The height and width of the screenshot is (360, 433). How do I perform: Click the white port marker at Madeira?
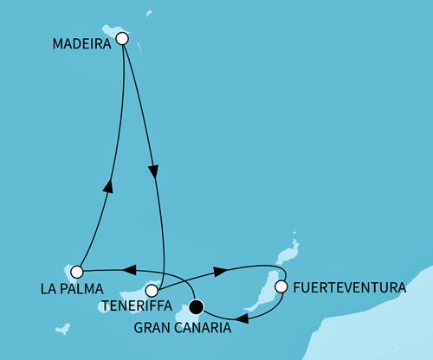click(x=122, y=38)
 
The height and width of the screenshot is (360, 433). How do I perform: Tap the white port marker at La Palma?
click(x=77, y=272)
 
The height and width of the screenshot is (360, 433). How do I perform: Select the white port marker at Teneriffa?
click(x=152, y=291)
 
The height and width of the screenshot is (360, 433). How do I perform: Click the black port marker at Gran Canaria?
click(x=197, y=305)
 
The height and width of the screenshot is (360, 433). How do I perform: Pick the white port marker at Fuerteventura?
click(x=281, y=286)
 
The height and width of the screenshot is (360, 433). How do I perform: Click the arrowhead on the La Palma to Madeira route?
click(x=108, y=185)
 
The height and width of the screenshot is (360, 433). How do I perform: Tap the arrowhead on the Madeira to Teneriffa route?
click(x=154, y=171)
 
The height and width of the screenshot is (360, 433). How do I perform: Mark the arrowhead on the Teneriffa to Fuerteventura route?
click(x=220, y=271)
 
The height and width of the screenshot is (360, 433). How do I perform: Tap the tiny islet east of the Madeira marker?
click(x=148, y=14)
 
